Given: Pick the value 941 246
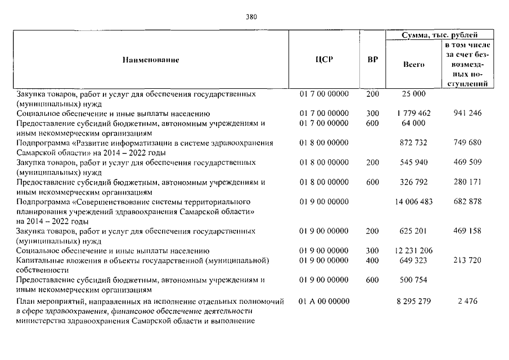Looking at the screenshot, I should (x=467, y=114).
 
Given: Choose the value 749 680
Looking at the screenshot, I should (x=467, y=143).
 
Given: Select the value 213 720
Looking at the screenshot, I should (x=467, y=260).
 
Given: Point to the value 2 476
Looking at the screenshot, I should (x=467, y=301).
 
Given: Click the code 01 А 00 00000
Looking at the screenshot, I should (x=324, y=301).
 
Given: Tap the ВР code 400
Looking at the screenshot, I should (x=372, y=260).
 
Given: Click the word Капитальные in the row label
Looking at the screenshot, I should (x=39, y=260).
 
